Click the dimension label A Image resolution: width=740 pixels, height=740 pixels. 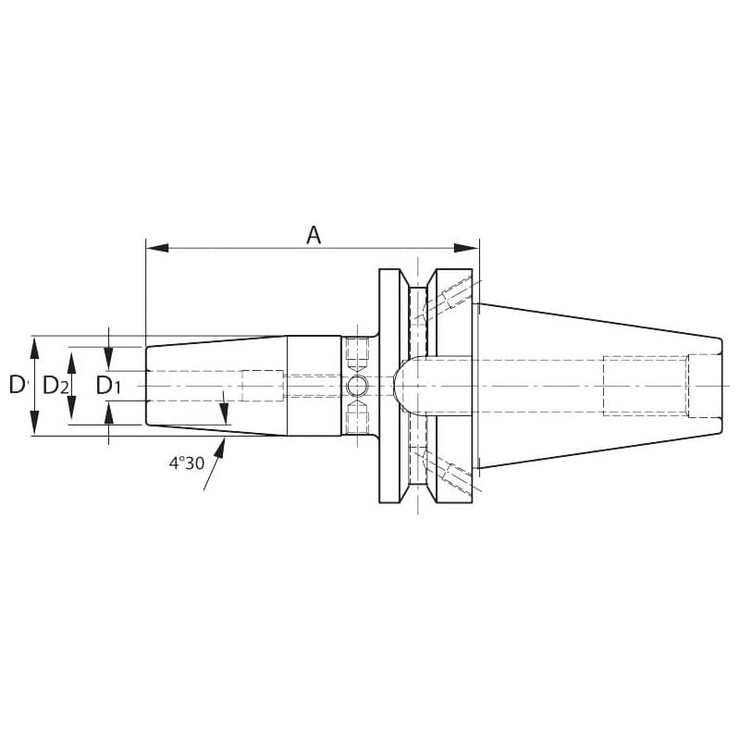pyautogui.click(x=314, y=235)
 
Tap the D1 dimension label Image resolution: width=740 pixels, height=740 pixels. pyautogui.click(x=108, y=386)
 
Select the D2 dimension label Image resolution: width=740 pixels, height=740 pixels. pyautogui.click(x=55, y=386)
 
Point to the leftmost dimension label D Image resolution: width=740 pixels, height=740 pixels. pyautogui.click(x=17, y=385)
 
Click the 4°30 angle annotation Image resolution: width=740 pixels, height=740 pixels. pyautogui.click(x=187, y=463)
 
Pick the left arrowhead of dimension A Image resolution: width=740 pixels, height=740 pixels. pyautogui.click(x=157, y=248)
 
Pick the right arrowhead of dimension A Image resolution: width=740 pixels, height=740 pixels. pyautogui.click(x=466, y=248)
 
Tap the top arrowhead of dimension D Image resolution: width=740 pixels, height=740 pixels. pyautogui.click(x=34, y=349)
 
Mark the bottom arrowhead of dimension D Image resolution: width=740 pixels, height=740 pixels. pyautogui.click(x=34, y=423)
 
